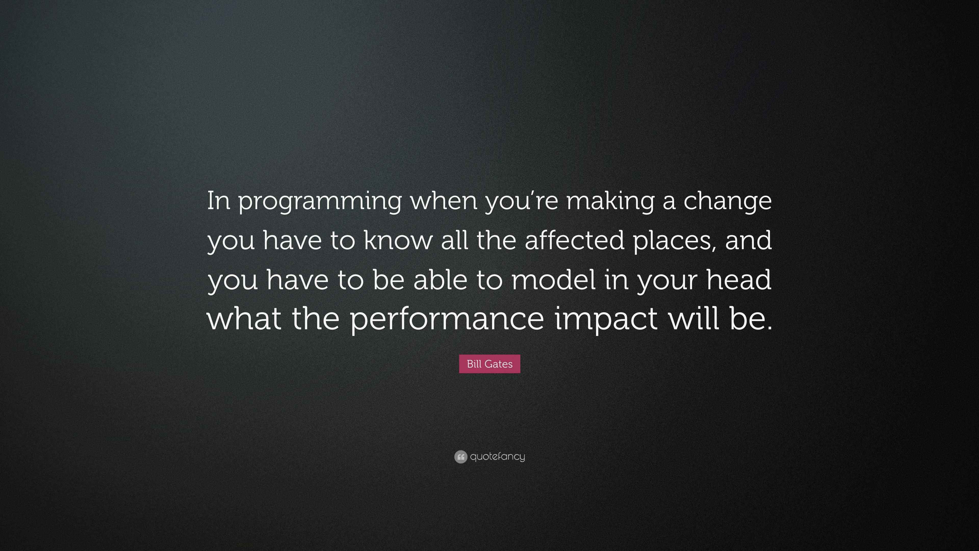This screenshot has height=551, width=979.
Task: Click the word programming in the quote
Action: point(320,202)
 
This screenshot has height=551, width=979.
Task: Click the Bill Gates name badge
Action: point(489,364)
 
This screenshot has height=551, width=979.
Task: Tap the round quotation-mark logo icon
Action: point(460,457)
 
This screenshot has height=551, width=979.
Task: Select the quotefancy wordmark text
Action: point(497,457)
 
